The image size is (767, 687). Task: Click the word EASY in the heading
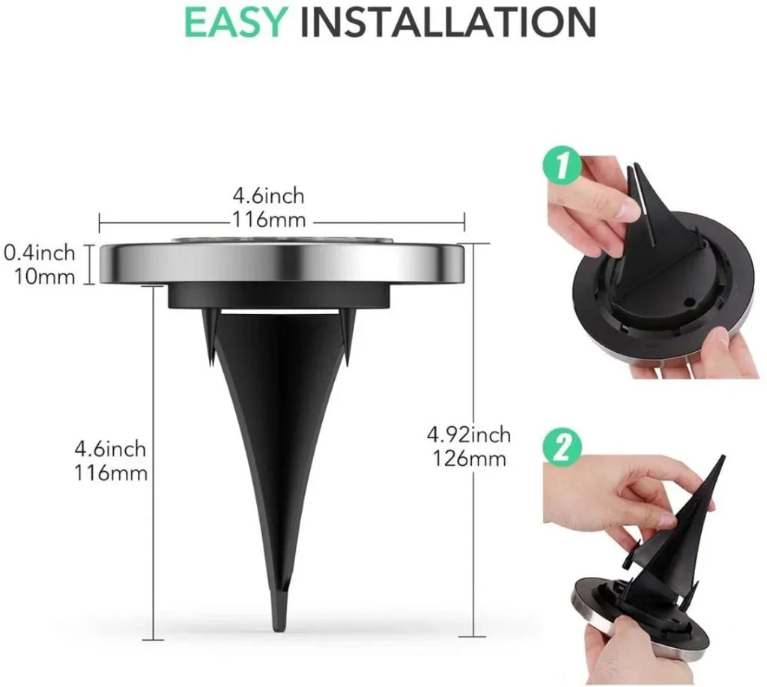[235, 22]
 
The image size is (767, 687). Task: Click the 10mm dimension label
[45, 276]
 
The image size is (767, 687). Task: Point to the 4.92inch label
[469, 434]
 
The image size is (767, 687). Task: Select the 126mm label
[469, 458]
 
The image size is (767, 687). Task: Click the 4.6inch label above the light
[268, 196]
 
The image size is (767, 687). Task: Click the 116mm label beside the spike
[111, 473]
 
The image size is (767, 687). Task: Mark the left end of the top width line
[100, 221]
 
